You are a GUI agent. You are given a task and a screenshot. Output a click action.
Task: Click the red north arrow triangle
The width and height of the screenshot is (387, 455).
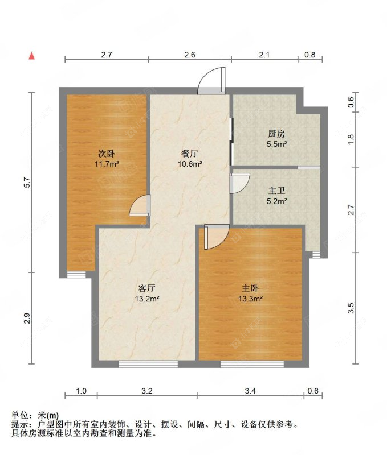pyautogui.click(x=32, y=56)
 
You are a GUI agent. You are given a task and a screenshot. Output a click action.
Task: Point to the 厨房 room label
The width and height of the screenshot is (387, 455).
pyautogui.click(x=276, y=134)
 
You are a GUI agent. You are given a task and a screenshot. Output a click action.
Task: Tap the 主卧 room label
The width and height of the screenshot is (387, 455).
pyautogui.click(x=250, y=288)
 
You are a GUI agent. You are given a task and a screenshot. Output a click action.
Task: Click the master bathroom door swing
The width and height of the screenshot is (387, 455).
pyautogui.click(x=240, y=184)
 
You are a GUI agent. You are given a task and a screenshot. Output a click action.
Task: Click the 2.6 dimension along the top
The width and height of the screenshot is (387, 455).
pyautogui.click(x=190, y=55)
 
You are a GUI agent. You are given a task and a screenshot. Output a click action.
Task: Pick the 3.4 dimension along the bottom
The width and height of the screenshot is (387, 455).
pyautogui.click(x=250, y=391)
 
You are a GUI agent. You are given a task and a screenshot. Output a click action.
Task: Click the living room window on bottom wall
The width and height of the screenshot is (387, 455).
pyautogui.click(x=140, y=363)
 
